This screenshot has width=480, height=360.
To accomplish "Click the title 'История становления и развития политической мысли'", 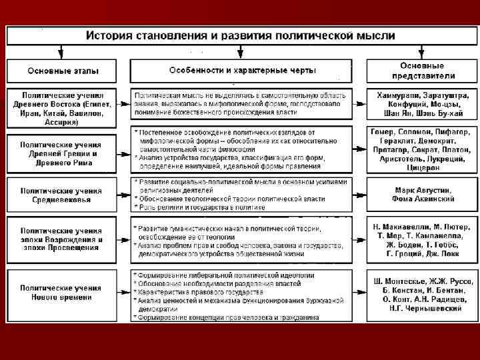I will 239,35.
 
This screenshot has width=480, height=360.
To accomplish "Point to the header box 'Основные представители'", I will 421,71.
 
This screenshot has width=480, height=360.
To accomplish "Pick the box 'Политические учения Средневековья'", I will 60,195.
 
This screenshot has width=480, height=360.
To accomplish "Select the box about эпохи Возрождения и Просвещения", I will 60,239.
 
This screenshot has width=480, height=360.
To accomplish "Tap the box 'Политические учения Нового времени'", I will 60,292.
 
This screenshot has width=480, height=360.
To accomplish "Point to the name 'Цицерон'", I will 421,168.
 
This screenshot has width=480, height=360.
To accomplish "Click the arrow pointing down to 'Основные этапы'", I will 61,51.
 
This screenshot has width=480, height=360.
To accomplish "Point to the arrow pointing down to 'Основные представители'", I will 421,51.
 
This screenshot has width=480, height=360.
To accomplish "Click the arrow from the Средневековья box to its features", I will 123,195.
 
